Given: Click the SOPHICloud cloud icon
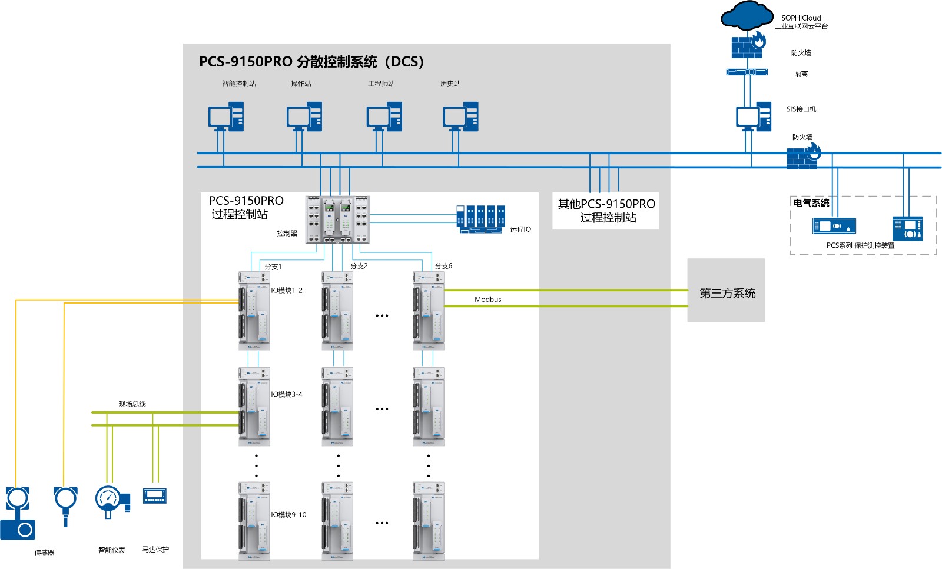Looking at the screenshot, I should (747, 16).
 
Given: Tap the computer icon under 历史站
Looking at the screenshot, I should (460, 117).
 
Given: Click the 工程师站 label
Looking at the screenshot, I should (382, 84).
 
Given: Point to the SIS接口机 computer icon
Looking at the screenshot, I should (753, 117).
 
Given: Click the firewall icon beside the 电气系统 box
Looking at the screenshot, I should (803, 156).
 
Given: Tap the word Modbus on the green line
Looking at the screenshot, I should (487, 299).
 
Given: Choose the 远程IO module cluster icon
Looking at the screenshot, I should (481, 219).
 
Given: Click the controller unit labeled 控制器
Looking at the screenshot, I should (337, 219).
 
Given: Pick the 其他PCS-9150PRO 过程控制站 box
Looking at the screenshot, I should (606, 211).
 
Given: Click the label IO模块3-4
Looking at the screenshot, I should (287, 394).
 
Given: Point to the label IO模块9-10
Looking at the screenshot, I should (288, 514).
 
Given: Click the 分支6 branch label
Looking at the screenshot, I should (443, 266).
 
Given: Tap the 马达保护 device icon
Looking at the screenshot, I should (155, 495).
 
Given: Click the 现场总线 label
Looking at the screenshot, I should (132, 404).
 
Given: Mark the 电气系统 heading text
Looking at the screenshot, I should (811, 203).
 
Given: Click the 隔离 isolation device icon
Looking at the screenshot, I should (747, 72).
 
